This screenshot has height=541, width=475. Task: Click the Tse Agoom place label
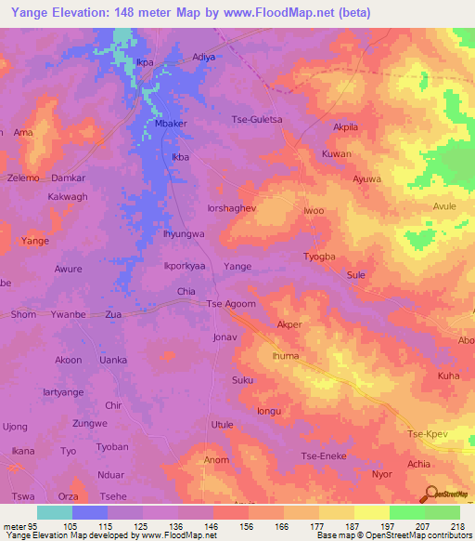click(x=229, y=304)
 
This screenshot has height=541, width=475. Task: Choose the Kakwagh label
click(x=68, y=197)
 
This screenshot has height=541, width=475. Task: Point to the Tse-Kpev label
click(x=430, y=434)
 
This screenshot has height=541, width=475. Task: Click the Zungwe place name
click(x=90, y=423)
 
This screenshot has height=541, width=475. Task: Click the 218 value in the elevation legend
click(x=456, y=526)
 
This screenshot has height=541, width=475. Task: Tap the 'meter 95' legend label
click(x=19, y=526)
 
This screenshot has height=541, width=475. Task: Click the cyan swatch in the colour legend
click(x=55, y=511)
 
